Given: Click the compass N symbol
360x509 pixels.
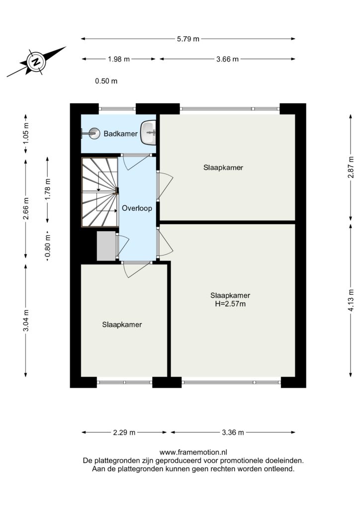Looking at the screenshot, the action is pos(37,61).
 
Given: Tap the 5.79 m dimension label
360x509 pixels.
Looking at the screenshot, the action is pos(188,39).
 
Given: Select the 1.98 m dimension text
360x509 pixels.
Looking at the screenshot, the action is pos(118,59).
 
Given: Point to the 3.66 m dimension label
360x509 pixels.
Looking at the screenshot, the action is pos(227,59).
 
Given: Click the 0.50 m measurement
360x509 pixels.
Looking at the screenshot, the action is pos(106,81).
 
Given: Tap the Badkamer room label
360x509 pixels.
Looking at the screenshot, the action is pos(120,133).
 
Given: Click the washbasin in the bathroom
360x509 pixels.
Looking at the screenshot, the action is pos(149,132).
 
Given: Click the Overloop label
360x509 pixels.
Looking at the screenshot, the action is pos(137,208).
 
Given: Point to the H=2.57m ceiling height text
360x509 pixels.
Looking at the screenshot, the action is pos(230,304).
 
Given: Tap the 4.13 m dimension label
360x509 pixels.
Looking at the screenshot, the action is pos(351,300).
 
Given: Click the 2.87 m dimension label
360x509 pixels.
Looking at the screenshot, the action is pos(351,167).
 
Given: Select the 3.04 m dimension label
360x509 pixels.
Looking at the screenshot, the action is pos(26,321).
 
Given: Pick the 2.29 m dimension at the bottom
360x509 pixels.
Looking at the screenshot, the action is pos(124,432).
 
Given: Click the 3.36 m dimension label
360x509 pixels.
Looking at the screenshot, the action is pos(233,432).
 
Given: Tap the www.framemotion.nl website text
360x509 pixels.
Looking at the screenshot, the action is pos(193,452).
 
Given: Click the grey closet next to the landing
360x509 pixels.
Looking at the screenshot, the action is pos(107,246).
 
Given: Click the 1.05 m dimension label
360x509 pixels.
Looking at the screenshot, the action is pos(26,133).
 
